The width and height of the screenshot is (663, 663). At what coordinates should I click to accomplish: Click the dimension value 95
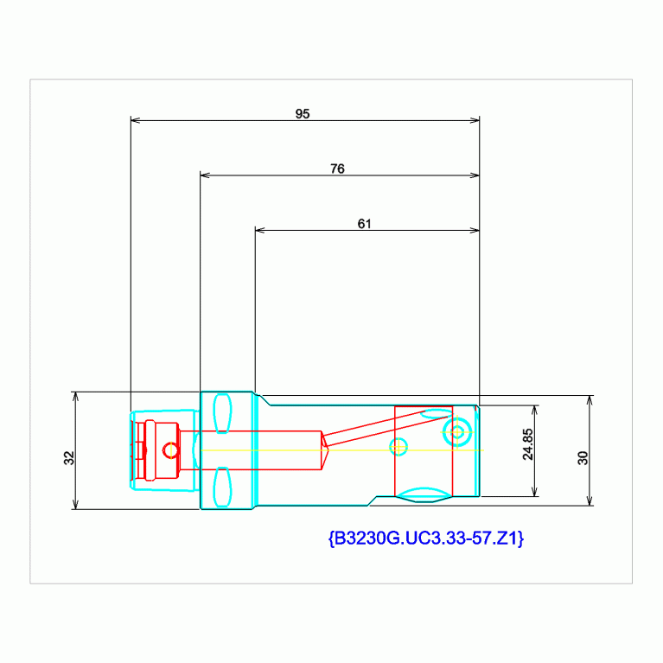(303, 113)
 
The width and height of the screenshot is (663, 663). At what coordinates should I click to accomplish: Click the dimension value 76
(337, 169)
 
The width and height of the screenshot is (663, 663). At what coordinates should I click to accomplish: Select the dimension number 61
(364, 224)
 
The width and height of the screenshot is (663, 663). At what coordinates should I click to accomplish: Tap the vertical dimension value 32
(68, 458)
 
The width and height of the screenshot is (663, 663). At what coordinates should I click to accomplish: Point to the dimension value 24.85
(527, 444)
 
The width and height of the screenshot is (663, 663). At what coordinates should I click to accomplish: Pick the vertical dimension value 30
(583, 458)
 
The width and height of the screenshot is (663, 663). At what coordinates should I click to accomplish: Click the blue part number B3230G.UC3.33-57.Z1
(426, 539)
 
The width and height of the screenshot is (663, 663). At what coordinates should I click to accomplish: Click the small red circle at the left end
(170, 450)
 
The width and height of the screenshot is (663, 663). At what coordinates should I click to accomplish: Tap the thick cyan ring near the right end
(456, 430)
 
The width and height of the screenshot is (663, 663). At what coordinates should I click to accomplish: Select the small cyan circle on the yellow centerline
(398, 447)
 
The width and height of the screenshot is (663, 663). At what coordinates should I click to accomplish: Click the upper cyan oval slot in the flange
(222, 411)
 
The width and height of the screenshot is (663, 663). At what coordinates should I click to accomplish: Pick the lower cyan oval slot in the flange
(222, 487)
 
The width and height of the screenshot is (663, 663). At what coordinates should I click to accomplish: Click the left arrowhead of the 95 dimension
(135, 120)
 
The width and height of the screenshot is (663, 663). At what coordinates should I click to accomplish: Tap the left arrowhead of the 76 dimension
(205, 175)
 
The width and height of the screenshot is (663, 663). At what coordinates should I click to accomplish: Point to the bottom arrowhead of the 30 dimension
(590, 500)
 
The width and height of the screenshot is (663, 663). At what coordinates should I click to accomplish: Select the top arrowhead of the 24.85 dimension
(535, 410)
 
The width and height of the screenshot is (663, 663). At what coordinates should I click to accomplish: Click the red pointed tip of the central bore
(326, 449)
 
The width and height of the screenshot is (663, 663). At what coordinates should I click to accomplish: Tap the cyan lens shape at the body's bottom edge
(424, 497)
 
